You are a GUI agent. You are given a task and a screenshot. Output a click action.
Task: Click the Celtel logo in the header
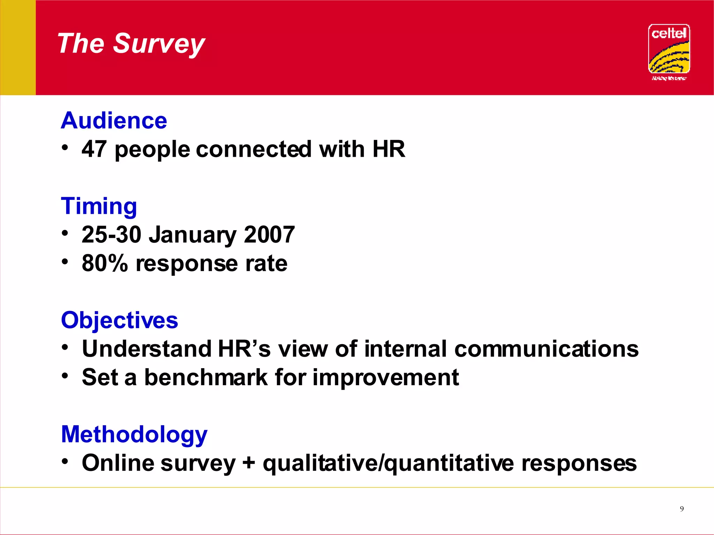(669, 51)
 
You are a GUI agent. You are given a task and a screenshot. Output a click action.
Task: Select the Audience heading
(114, 121)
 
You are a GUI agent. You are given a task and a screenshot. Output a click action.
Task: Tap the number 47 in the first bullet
(94, 149)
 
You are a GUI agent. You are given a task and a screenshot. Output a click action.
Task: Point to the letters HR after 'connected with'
(388, 149)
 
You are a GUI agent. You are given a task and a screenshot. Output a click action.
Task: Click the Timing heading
(99, 206)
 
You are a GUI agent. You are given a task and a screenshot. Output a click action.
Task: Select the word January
(193, 235)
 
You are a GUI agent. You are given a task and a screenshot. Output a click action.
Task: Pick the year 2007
(269, 234)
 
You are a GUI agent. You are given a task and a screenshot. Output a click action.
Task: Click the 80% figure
(105, 263)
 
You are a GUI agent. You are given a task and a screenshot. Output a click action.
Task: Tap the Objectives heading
(120, 320)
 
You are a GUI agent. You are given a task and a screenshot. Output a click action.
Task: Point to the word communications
(546, 349)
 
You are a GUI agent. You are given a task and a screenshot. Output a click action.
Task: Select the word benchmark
(206, 377)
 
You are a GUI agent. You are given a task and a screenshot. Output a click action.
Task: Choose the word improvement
(386, 377)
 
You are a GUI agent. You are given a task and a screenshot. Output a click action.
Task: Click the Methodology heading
(134, 434)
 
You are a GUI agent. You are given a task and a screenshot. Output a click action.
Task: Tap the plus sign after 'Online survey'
(249, 464)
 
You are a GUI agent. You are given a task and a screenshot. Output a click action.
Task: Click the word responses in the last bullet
(579, 463)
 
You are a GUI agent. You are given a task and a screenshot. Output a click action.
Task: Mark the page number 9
(682, 509)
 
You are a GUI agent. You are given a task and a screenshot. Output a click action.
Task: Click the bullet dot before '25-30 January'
(65, 233)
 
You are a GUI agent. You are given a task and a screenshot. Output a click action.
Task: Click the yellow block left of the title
(18, 47)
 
